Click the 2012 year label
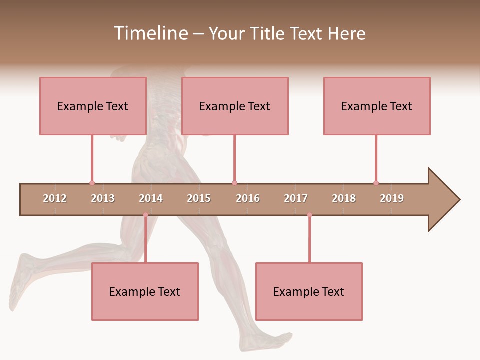coord(55,198)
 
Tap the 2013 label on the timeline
coord(103,198)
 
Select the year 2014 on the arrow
coord(151,198)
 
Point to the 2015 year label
coord(199,198)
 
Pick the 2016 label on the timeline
coord(248,198)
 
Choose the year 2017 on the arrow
coord(296,198)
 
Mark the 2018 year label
coord(344,198)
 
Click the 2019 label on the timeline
coord(392,198)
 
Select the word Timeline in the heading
coord(150,33)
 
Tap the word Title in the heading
coord(268,33)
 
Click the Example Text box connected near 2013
coord(93,106)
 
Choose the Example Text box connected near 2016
coord(235,106)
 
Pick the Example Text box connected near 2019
coord(377,106)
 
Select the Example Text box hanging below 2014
coord(145,291)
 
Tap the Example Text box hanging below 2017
coord(309,291)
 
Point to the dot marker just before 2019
coord(376,183)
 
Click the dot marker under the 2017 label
coord(309,215)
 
